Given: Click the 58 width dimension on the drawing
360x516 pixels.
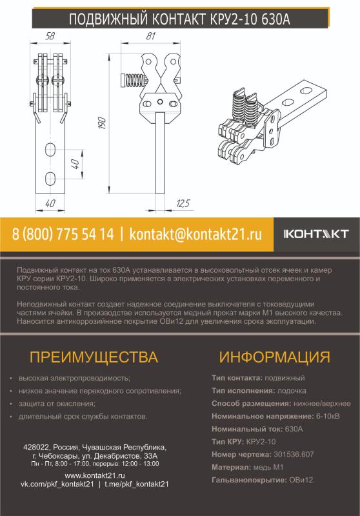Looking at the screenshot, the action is [x=50, y=36].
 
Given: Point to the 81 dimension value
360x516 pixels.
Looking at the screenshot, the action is [x=151, y=36].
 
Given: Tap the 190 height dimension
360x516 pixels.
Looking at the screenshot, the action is [x=102, y=123].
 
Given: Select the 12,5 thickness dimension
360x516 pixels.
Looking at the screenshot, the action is [x=183, y=203].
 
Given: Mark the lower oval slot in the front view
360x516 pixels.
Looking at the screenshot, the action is [x=50, y=179].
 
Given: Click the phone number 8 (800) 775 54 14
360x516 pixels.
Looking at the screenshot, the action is [x=63, y=234].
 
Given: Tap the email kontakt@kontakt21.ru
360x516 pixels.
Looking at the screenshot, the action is [x=195, y=234].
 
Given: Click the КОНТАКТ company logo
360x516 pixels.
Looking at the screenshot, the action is [x=316, y=234].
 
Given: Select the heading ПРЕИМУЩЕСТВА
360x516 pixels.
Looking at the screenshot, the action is [x=94, y=357].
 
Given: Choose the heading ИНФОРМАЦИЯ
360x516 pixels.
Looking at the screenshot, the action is [x=274, y=357].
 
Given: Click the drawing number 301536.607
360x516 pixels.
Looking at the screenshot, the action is [x=294, y=455].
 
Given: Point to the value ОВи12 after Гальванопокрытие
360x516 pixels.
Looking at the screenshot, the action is [x=301, y=480].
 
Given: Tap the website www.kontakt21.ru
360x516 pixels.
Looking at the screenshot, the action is [x=95, y=475].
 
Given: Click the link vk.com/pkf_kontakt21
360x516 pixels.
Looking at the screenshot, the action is [x=57, y=484].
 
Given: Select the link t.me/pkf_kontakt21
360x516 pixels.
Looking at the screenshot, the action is [x=137, y=484].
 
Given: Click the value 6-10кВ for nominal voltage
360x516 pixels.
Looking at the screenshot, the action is [x=328, y=416].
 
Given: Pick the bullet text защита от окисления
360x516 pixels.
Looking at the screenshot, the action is [x=57, y=404].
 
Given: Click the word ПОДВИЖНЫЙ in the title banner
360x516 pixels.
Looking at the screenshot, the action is [x=108, y=19].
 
